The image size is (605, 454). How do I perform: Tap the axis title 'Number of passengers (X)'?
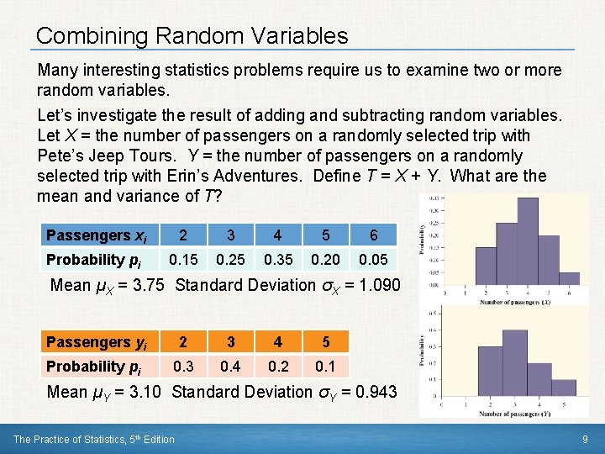point(515,302)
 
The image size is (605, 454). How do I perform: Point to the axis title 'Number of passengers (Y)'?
point(515,414)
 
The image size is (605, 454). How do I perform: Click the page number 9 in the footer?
point(585,439)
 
